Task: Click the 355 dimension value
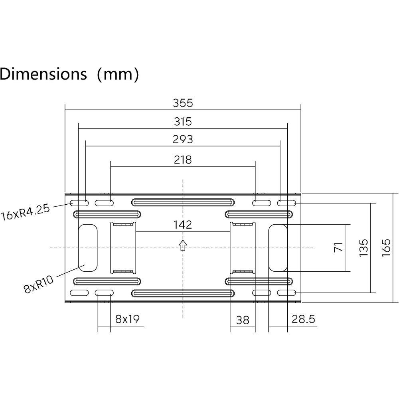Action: click(183, 103)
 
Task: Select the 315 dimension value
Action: click(183, 122)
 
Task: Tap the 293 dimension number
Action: click(183, 139)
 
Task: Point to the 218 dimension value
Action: click(183, 160)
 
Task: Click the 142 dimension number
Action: click(183, 225)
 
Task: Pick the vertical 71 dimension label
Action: click(339, 247)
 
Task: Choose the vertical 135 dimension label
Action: click(363, 248)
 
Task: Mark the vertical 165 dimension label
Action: click(386, 248)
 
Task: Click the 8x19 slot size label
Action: click(127, 318)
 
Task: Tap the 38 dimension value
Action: click(243, 320)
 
